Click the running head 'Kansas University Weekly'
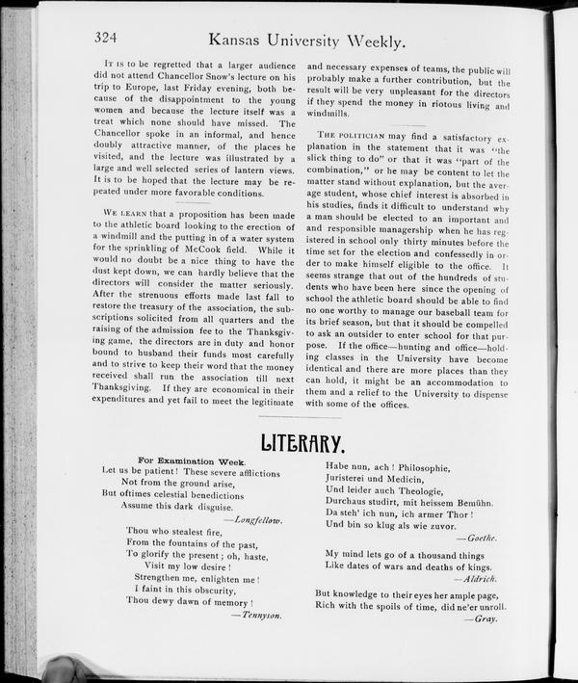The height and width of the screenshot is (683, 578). pyautogui.click(x=306, y=40)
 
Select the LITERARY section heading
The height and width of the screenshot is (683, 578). pyautogui.click(x=302, y=444)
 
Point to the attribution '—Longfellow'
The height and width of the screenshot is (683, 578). pyautogui.click(x=253, y=519)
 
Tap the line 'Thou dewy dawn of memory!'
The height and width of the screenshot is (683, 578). pyautogui.click(x=190, y=600)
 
